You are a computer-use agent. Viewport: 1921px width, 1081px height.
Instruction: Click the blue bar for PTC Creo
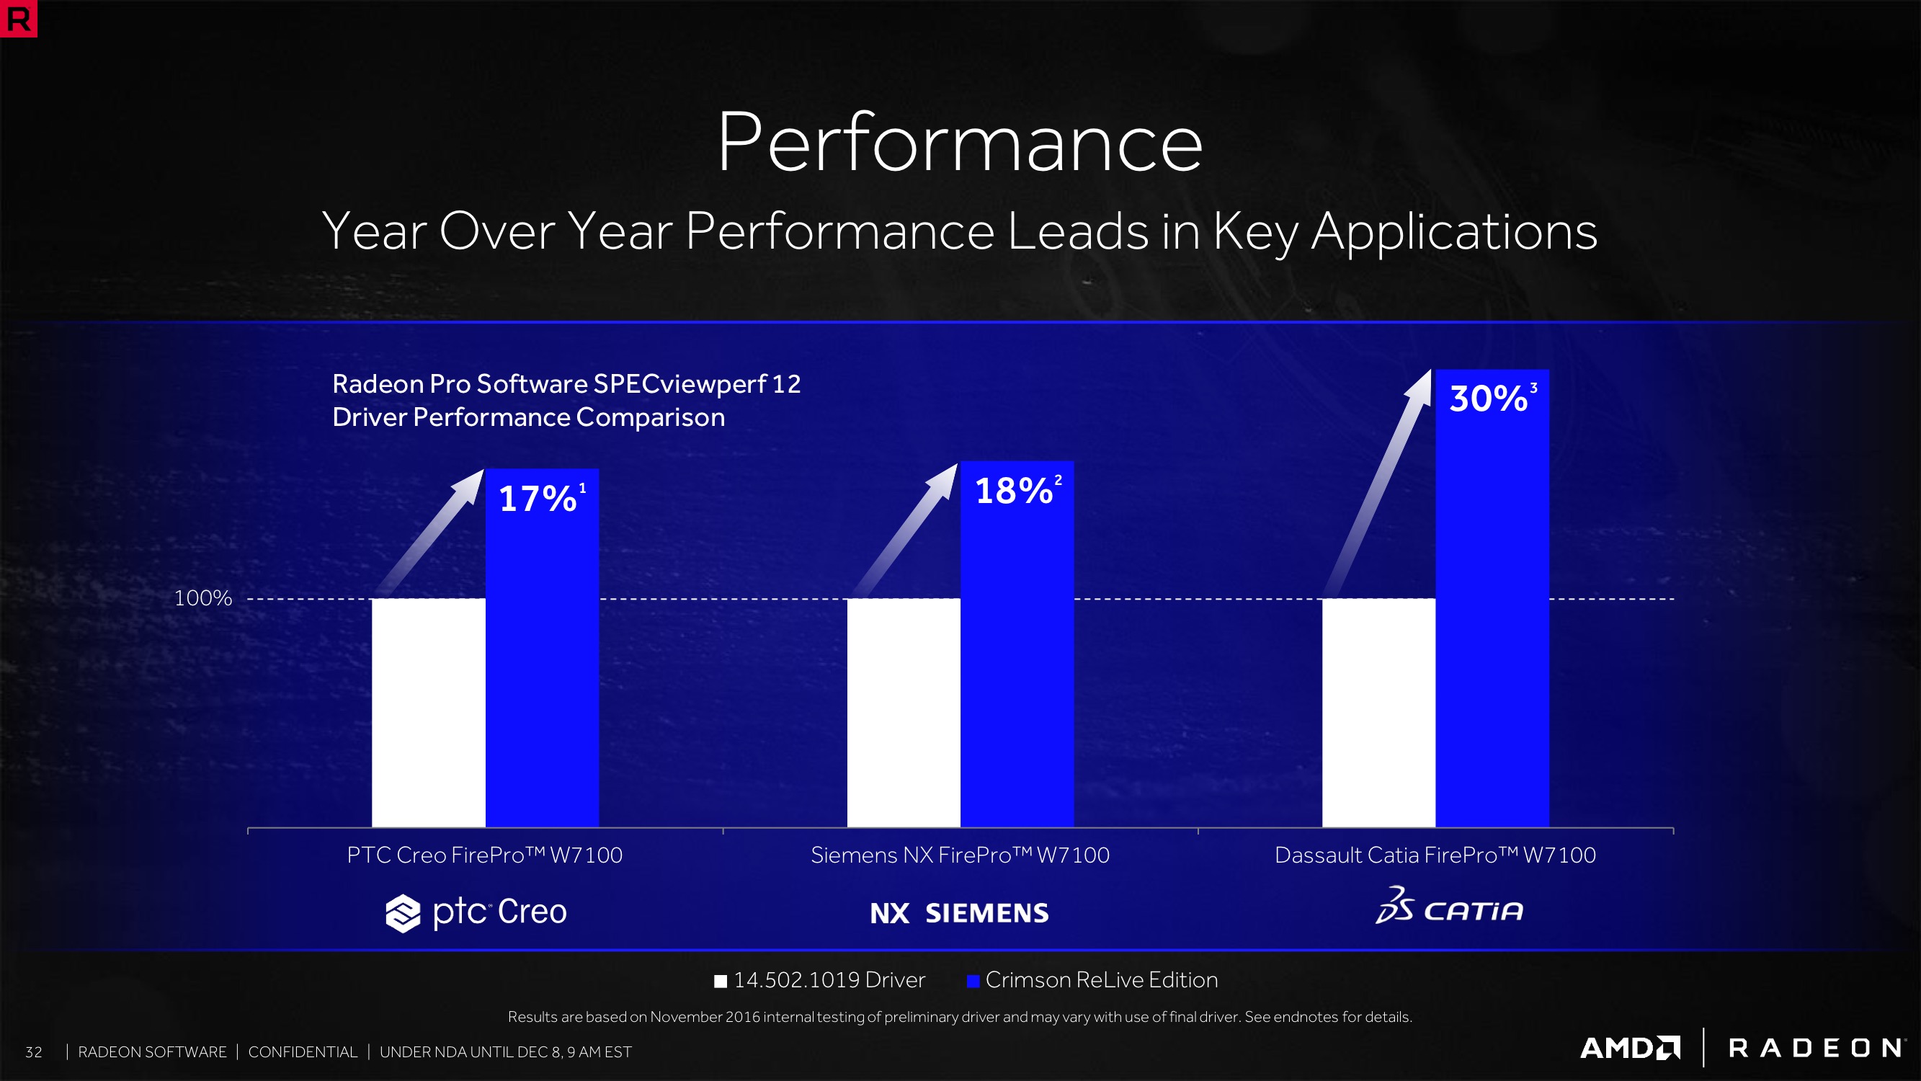pyautogui.click(x=541, y=672)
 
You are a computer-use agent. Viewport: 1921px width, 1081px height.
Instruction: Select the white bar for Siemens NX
pyautogui.click(x=903, y=713)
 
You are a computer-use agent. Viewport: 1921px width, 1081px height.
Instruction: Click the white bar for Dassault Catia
pyautogui.click(x=1378, y=713)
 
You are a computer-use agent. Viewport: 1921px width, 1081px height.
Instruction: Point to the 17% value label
pyautogui.click(x=538, y=499)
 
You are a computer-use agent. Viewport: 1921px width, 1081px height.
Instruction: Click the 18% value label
pyautogui.click(x=1015, y=491)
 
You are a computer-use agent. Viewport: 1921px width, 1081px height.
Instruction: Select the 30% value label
pyautogui.click(x=1489, y=399)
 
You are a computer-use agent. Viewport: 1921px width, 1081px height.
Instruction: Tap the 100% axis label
pyautogui.click(x=203, y=598)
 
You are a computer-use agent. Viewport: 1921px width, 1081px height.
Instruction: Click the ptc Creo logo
pyautogui.click(x=476, y=912)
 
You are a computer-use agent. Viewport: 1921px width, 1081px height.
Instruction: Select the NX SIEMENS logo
pyautogui.click(x=959, y=913)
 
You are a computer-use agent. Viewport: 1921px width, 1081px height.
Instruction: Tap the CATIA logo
pyautogui.click(x=1449, y=907)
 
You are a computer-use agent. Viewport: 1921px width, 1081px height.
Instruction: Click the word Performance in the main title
pyautogui.click(x=959, y=142)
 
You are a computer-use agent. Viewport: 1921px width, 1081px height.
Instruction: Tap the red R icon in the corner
pyautogui.click(x=18, y=18)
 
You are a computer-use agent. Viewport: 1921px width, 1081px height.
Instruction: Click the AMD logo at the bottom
pyautogui.click(x=1629, y=1047)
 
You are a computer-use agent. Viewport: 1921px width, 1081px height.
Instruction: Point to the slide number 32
pyautogui.click(x=34, y=1052)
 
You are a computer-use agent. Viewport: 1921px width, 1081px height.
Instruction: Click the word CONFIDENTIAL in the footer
pyautogui.click(x=303, y=1052)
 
